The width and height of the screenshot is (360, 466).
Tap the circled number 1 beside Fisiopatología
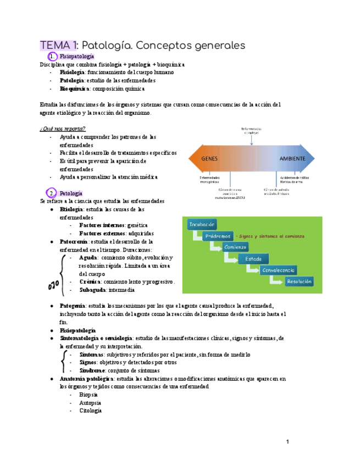coord(51,57)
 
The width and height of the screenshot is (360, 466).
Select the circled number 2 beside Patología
coord(51,193)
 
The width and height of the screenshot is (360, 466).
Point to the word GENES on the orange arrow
coord(209,158)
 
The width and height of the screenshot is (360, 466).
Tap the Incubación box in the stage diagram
coord(202,224)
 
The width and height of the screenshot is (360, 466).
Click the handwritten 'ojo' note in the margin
coord(53,285)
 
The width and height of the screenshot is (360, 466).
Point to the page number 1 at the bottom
coord(287,441)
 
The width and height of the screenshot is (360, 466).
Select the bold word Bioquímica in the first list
coord(72,88)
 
